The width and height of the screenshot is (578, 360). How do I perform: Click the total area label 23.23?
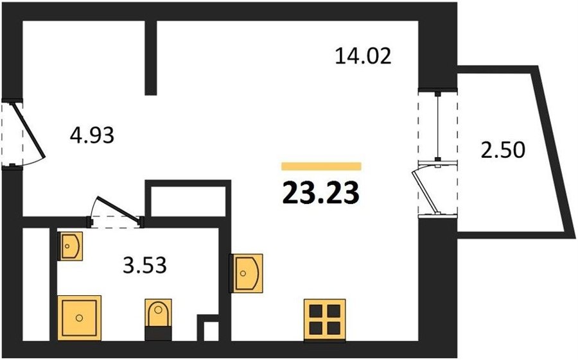coord(320,193)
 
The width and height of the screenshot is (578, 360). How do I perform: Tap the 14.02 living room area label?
coord(363,56)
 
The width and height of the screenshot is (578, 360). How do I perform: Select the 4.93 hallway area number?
coord(92,135)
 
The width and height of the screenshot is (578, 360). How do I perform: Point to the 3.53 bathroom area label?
coord(144,265)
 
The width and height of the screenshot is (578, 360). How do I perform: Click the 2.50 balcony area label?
coord(503,150)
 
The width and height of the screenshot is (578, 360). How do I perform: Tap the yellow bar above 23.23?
coord(321,166)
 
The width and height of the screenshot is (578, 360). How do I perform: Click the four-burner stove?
coord(325,319)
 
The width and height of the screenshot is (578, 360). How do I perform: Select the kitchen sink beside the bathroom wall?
coord(246,273)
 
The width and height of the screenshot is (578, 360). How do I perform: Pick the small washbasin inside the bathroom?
coord(70,246)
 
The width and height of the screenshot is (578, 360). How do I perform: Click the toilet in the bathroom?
coord(158,319)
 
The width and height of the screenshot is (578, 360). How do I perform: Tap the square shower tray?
coord(79,318)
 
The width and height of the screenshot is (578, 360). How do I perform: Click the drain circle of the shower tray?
coord(79,318)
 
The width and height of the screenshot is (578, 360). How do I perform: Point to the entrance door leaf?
coord(29,131)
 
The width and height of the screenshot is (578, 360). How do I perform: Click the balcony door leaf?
coord(424,191)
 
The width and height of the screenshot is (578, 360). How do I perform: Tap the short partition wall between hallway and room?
coord(151,58)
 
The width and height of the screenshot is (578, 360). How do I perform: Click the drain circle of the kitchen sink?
coord(243,273)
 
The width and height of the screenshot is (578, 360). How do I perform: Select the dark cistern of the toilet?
coord(158,333)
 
